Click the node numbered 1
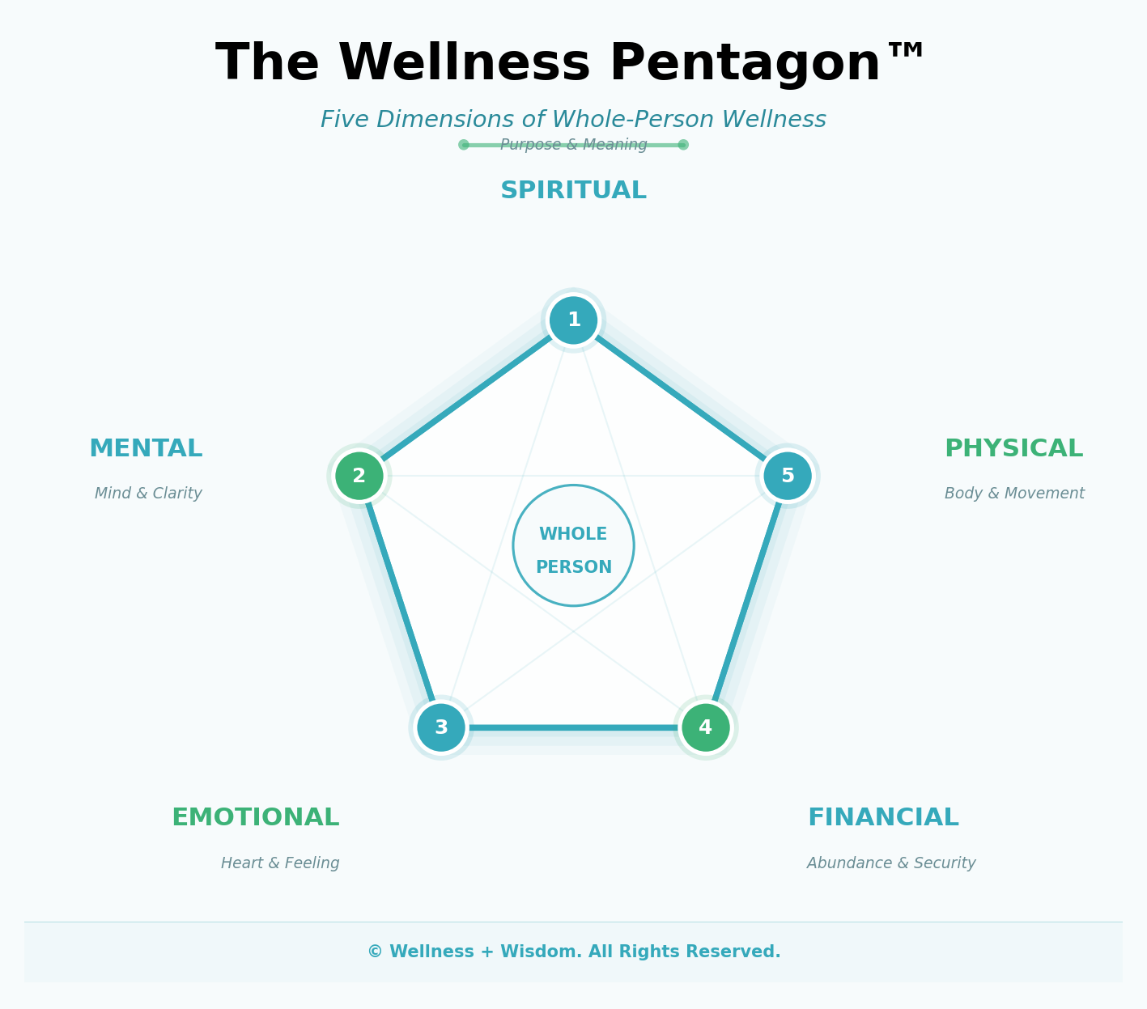[573, 320]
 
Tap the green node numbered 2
[359, 476]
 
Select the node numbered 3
[441, 727]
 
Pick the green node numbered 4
[706, 727]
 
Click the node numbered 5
[788, 476]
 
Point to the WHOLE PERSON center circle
[573, 545]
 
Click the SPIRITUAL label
[573, 191]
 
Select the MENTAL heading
[146, 449]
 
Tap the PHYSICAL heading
[1013, 449]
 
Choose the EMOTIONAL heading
[255, 818]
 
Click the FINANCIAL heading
[883, 818]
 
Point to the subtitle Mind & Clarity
[148, 494]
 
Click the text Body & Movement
[1014, 494]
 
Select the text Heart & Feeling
[280, 863]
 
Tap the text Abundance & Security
[891, 863]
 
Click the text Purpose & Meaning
[573, 145]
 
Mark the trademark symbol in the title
[906, 50]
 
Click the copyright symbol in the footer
[375, 952]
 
